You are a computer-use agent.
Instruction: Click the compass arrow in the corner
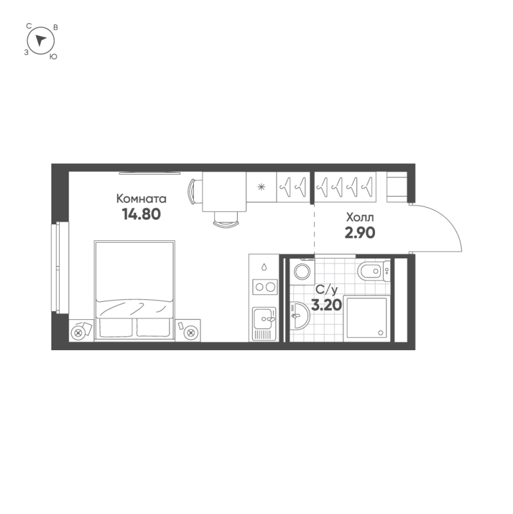tap(41, 40)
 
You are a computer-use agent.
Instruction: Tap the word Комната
tap(142, 199)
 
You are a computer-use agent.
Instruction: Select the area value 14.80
tap(141, 214)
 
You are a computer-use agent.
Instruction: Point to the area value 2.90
tap(360, 232)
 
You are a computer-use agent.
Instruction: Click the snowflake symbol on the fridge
tap(261, 187)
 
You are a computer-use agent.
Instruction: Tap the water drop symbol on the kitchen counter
tap(264, 266)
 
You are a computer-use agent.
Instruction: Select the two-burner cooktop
tap(265, 287)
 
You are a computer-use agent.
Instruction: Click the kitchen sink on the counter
tap(264, 317)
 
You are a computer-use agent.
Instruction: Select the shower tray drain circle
tap(381, 332)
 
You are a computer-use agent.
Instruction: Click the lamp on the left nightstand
tap(79, 332)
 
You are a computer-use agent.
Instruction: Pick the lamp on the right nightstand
tap(191, 332)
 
